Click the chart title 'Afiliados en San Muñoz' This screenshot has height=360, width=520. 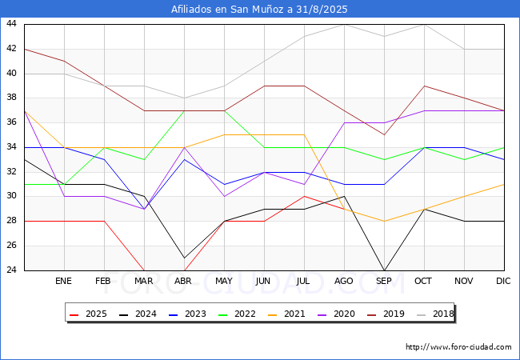pyautogui.click(x=260, y=10)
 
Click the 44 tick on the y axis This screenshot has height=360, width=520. pyautogui.click(x=12, y=24)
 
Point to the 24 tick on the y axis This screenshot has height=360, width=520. pyautogui.click(x=12, y=270)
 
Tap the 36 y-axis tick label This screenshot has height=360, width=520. pyautogui.click(x=12, y=122)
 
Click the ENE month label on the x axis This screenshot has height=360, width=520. pyautogui.click(x=64, y=282)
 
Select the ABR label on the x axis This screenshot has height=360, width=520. pyautogui.click(x=184, y=282)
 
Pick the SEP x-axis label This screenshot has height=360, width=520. pyautogui.click(x=384, y=282)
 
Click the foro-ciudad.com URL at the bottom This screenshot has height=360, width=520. pyautogui.click(x=458, y=347)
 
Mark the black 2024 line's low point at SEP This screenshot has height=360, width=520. pyautogui.click(x=384, y=270)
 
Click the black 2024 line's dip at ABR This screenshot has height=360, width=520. pyautogui.click(x=184, y=258)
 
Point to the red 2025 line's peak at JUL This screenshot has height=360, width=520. pyautogui.click(x=304, y=196)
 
